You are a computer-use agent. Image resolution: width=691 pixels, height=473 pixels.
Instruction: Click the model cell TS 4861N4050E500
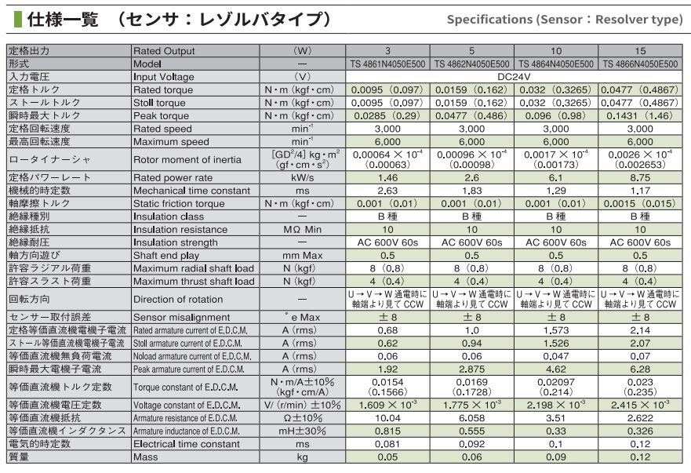coord(387,64)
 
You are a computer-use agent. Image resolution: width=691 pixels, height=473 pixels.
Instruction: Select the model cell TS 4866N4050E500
coord(640,64)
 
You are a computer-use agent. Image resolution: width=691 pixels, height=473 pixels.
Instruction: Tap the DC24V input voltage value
coord(514,77)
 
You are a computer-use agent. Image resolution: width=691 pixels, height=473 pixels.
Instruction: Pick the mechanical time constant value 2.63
coord(387,190)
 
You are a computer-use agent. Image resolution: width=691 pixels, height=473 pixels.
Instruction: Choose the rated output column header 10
coord(556,50)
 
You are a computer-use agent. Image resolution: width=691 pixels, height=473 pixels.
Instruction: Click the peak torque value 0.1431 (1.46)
coord(640,115)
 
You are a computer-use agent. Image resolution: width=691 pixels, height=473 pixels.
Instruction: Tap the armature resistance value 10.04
coord(387,418)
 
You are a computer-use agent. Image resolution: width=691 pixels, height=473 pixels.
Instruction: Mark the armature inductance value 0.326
coord(640,431)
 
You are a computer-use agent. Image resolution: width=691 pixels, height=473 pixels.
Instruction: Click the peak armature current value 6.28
coord(640,367)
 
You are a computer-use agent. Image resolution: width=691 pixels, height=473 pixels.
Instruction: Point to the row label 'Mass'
coord(146,457)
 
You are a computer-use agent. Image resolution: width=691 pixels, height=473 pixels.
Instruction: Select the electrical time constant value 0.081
coord(387,444)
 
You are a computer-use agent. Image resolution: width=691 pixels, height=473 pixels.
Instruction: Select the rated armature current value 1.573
coord(556,329)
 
